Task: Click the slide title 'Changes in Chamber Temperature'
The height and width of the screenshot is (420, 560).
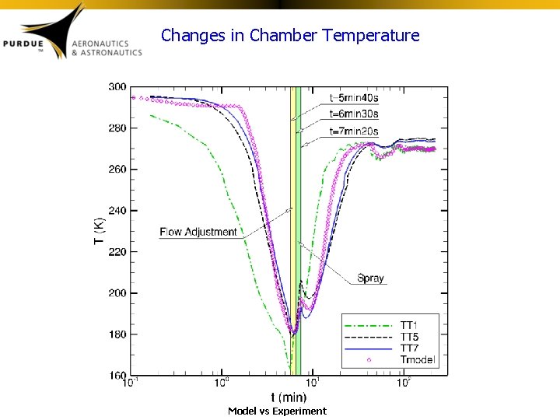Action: tap(290, 36)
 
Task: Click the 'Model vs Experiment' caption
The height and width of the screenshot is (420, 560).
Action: tap(277, 411)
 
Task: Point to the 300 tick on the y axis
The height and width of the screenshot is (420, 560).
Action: tap(117, 86)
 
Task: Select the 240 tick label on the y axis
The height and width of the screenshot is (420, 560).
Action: tap(117, 210)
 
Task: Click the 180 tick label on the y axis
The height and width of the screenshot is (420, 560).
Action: tap(117, 334)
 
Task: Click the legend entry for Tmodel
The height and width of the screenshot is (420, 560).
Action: tap(418, 359)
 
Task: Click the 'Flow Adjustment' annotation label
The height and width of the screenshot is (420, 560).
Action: tap(198, 232)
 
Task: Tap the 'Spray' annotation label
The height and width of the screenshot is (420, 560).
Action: tap(370, 278)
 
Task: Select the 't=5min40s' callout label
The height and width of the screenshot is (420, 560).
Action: tap(354, 98)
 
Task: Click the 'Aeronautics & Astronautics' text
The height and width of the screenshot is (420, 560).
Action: tap(107, 47)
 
